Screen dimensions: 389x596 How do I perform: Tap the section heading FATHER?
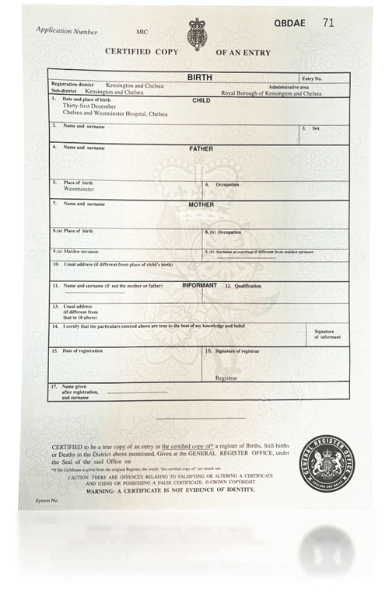point(201,148)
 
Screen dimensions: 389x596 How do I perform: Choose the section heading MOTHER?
point(201,204)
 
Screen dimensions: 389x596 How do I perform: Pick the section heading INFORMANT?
point(199,286)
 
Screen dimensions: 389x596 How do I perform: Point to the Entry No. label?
point(311,79)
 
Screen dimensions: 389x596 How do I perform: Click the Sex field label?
point(316,128)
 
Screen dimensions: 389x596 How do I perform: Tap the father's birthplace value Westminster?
point(78,189)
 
